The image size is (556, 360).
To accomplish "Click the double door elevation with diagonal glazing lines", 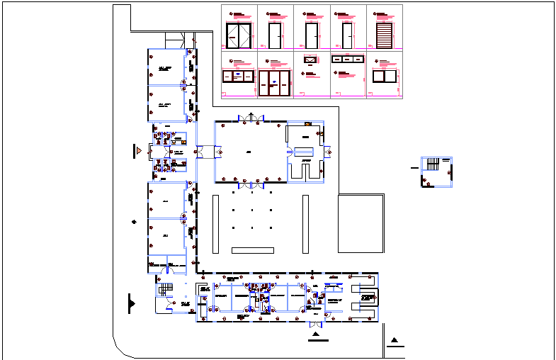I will tap(239, 34).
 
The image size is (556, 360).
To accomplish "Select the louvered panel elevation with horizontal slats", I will tap(384, 35).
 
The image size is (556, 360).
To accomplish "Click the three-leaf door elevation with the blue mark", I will tap(275, 82).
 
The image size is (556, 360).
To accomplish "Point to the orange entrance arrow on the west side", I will tap(140, 151).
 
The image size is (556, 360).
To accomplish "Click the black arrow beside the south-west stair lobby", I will tap(131, 303).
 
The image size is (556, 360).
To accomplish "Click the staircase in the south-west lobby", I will tap(165, 290).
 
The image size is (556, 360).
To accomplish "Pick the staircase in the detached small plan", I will tap(431, 164).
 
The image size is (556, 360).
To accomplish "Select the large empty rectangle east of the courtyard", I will tap(361, 223).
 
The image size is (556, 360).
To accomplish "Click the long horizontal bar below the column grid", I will tap(253, 249).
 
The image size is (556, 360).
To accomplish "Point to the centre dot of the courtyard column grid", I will tap(252, 209).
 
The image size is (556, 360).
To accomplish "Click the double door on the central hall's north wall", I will tap(252, 118).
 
